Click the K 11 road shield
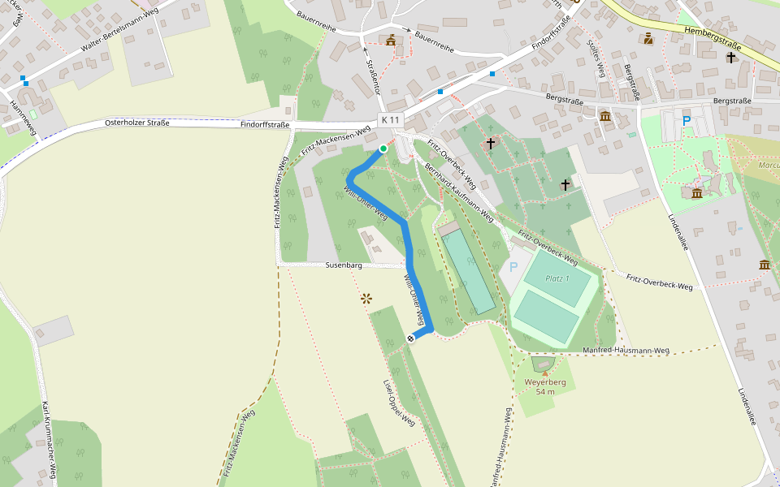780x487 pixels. (390, 120)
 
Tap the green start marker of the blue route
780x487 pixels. (383, 148)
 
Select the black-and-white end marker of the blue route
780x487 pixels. (411, 338)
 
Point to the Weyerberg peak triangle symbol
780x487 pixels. (544, 374)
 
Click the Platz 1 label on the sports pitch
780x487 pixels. (557, 278)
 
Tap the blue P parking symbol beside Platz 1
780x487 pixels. (513, 267)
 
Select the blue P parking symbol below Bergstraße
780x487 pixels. (687, 121)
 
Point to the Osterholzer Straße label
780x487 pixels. (137, 123)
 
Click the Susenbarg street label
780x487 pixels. (343, 265)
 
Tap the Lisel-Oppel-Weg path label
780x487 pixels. (399, 403)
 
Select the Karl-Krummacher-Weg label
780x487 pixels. (49, 438)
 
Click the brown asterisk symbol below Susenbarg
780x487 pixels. (366, 299)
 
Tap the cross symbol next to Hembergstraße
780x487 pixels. (731, 58)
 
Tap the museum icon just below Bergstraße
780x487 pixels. (605, 117)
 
